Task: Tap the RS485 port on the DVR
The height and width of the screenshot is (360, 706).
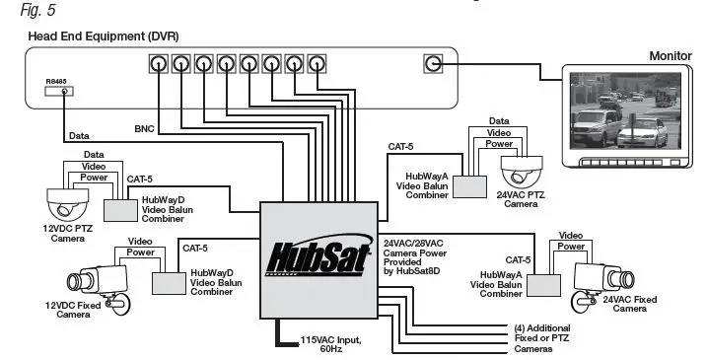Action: point(64,92)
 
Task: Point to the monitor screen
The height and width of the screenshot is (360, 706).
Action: point(617,114)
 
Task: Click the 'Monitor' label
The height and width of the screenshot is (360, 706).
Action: point(671,55)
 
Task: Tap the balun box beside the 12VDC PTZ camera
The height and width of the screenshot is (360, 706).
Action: point(121,210)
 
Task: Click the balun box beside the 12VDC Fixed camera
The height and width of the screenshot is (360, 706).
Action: point(170,283)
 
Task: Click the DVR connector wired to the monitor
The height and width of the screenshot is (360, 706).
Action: point(432,64)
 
